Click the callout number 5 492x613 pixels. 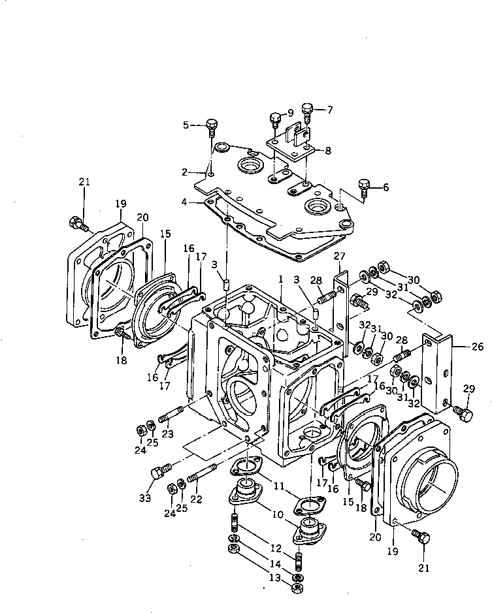pos(186,125)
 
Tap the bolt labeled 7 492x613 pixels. pos(309,109)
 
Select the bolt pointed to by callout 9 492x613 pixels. pos(275,119)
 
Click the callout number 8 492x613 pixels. pos(328,150)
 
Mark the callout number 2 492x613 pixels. pos(185,172)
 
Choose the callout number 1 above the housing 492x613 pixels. pos(280,279)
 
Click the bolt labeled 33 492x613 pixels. pos(159,471)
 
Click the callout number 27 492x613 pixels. pos(339,256)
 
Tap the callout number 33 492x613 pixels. pos(144,499)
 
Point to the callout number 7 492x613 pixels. pos(330,109)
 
